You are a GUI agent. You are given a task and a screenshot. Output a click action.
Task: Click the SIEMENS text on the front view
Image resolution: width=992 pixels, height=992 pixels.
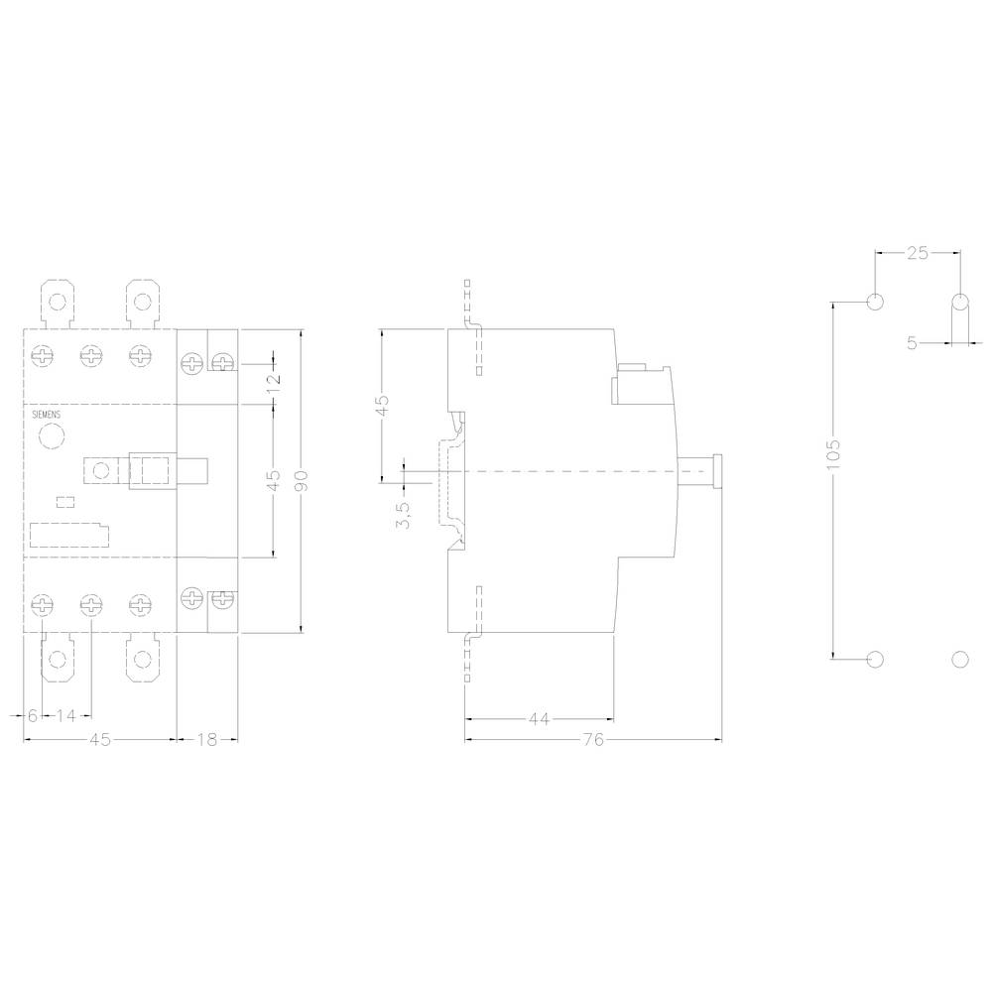(x=46, y=415)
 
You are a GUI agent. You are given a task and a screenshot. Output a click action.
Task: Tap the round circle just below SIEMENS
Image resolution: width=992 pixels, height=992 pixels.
(x=50, y=436)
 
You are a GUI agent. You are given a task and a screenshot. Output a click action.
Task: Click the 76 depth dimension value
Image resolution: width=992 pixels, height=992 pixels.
(x=592, y=739)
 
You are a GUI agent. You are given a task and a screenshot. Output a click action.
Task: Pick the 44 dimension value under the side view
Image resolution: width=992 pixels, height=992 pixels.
(x=539, y=719)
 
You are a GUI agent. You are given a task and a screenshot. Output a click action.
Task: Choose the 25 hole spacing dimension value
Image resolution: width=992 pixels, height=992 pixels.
(x=918, y=253)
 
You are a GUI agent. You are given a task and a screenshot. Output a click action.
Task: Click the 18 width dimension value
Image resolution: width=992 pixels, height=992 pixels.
(x=206, y=739)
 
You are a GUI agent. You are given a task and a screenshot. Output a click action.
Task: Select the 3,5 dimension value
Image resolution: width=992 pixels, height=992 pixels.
(x=404, y=515)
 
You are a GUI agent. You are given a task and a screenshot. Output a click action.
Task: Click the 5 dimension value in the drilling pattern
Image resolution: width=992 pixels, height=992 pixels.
(x=912, y=343)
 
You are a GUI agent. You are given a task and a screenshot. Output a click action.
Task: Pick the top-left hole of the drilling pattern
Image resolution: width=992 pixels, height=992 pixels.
(x=875, y=302)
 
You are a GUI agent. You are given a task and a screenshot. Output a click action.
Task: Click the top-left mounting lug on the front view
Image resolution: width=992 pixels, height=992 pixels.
(x=58, y=302)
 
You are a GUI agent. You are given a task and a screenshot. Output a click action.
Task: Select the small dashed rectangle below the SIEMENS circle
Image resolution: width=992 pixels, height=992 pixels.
(x=65, y=502)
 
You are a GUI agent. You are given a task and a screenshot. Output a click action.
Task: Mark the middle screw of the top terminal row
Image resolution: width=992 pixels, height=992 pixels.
(x=91, y=356)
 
